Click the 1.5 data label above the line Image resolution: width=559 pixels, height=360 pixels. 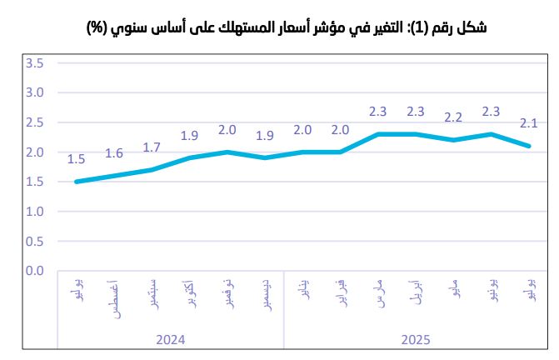(x=76, y=159)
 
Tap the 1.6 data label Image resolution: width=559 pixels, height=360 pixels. (x=114, y=153)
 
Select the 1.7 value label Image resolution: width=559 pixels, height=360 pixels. (x=152, y=147)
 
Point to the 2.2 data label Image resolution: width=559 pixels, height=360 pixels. (x=453, y=117)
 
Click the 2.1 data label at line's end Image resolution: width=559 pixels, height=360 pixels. (x=529, y=123)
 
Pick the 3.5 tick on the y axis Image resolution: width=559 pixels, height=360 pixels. (x=34, y=63)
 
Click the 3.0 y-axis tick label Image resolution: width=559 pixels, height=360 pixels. (x=34, y=92)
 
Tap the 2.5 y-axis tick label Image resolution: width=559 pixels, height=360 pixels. (x=34, y=122)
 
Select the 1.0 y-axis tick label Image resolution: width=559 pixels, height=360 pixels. (x=34, y=212)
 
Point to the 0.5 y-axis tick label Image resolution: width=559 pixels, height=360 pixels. (x=34, y=242)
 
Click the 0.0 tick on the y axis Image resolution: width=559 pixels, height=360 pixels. (x=34, y=271)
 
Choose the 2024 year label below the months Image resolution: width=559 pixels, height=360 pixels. (x=171, y=340)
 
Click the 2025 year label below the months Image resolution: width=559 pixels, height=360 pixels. (x=416, y=340)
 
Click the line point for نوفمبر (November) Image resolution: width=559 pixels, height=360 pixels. (x=227, y=152)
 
